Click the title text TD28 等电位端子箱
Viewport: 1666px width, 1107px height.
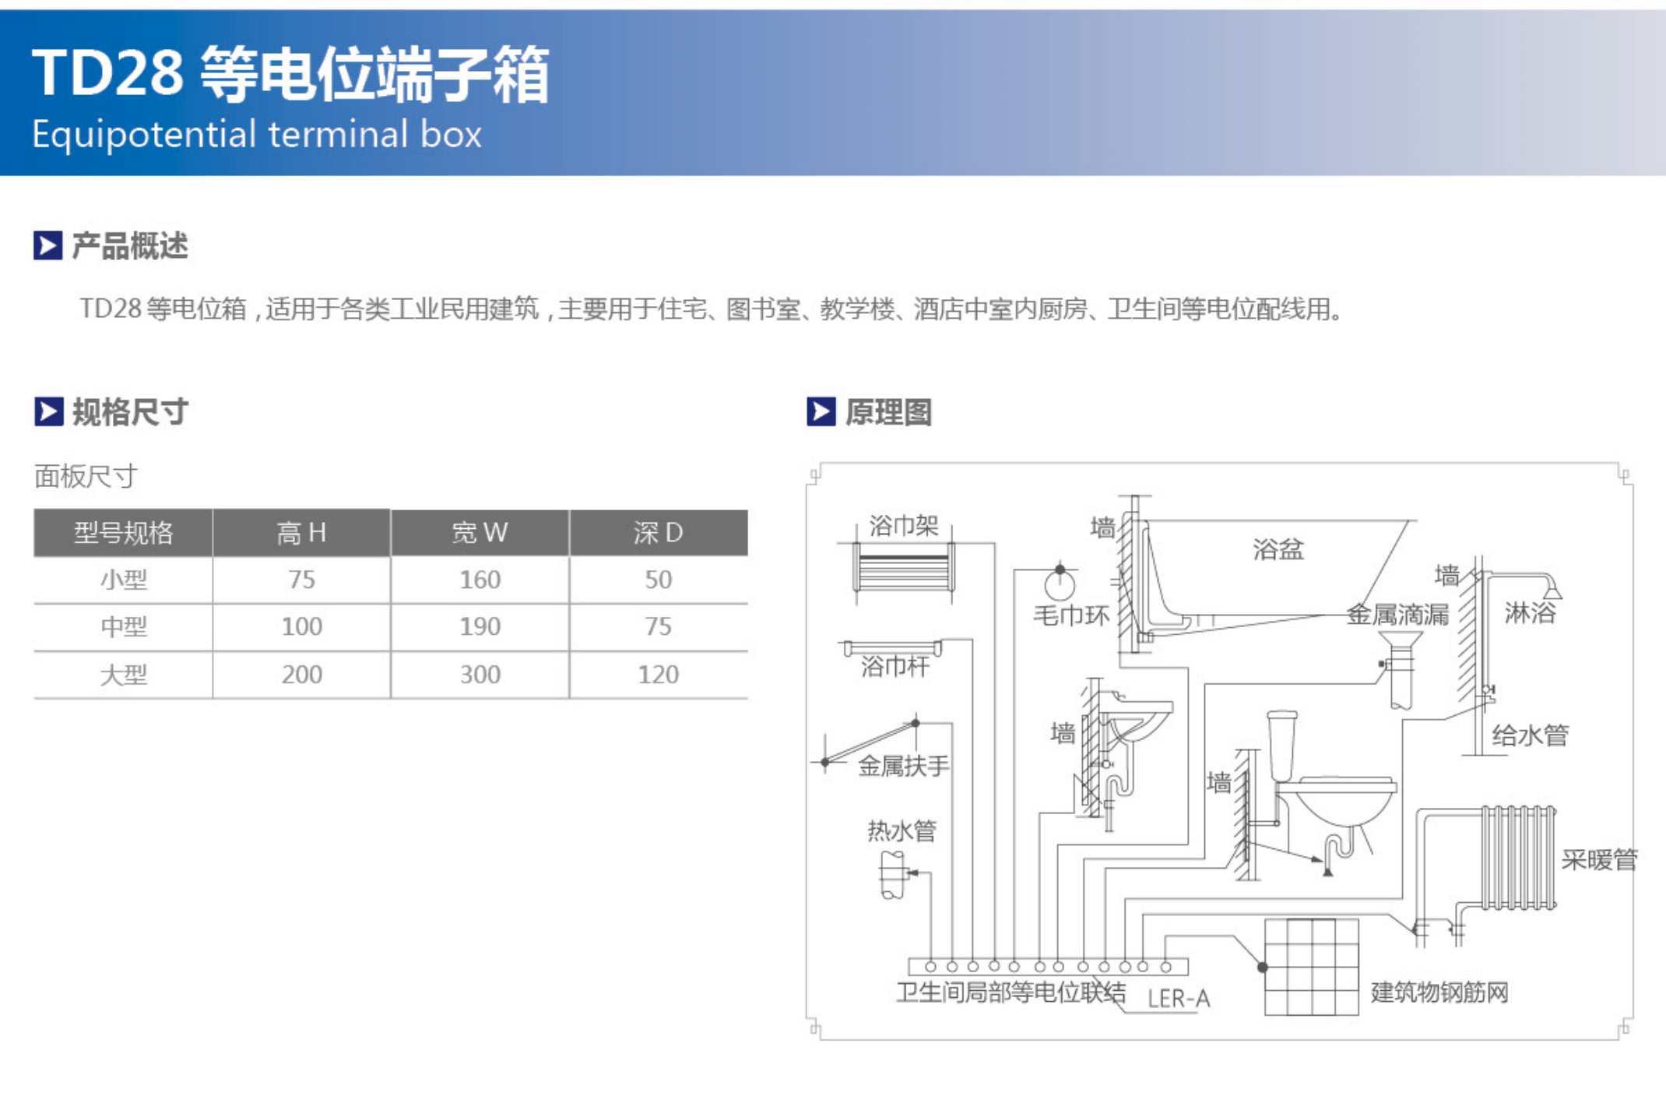(x=290, y=74)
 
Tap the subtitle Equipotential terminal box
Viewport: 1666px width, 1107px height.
(x=257, y=134)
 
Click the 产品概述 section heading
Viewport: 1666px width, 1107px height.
(x=130, y=245)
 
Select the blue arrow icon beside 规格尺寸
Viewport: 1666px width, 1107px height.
(x=48, y=411)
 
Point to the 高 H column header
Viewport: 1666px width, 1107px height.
(x=301, y=533)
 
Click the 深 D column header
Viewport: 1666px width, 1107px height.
(x=658, y=533)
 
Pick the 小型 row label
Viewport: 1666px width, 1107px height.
(x=124, y=580)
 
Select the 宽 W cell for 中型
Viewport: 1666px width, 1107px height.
(x=480, y=626)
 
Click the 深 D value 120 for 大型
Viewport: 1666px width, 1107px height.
(x=658, y=674)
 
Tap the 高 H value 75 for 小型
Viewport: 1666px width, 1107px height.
(x=301, y=580)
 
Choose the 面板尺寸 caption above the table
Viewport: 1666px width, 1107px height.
(x=86, y=476)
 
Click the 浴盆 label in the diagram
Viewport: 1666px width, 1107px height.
(x=1278, y=549)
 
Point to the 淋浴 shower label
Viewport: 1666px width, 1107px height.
(x=1530, y=613)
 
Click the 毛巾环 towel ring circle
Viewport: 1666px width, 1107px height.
(x=1060, y=585)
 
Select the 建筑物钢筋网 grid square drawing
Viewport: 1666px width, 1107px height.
(x=1312, y=967)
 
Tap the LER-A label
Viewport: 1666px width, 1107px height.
(x=1179, y=999)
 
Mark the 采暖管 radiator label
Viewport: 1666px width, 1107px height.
(x=1599, y=859)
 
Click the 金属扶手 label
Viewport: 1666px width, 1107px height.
(x=904, y=766)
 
